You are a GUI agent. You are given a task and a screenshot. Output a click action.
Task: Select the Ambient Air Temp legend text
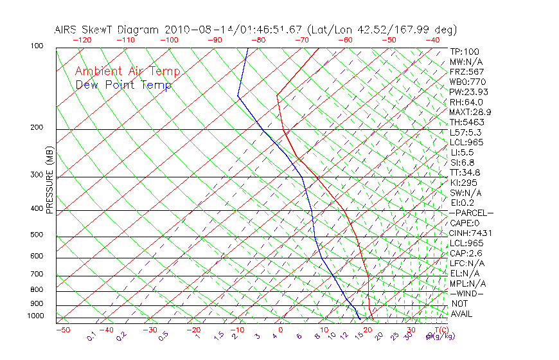[x=127, y=71]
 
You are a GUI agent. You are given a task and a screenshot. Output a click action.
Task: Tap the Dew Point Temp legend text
[x=123, y=85]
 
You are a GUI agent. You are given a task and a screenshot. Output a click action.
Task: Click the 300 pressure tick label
[x=38, y=175]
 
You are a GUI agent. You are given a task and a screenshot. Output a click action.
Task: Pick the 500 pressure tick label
[x=38, y=235]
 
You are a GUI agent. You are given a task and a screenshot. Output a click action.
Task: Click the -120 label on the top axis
[x=82, y=40]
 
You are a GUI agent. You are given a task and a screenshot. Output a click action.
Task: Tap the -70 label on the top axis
[x=301, y=40]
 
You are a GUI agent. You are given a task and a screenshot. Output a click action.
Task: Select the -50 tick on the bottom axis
[x=62, y=330]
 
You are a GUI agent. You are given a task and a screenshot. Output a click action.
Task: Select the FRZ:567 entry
[x=466, y=71]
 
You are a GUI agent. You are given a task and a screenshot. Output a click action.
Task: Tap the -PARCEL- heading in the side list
[x=471, y=213]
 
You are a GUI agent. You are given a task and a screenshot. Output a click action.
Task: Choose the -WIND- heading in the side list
[x=467, y=294]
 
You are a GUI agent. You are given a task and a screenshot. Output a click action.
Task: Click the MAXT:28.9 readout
[x=470, y=112]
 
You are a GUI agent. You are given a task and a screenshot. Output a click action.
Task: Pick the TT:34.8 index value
[x=465, y=172]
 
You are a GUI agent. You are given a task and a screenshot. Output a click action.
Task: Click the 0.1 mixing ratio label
[x=92, y=336]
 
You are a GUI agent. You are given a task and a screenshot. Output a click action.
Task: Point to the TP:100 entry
[x=465, y=51]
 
